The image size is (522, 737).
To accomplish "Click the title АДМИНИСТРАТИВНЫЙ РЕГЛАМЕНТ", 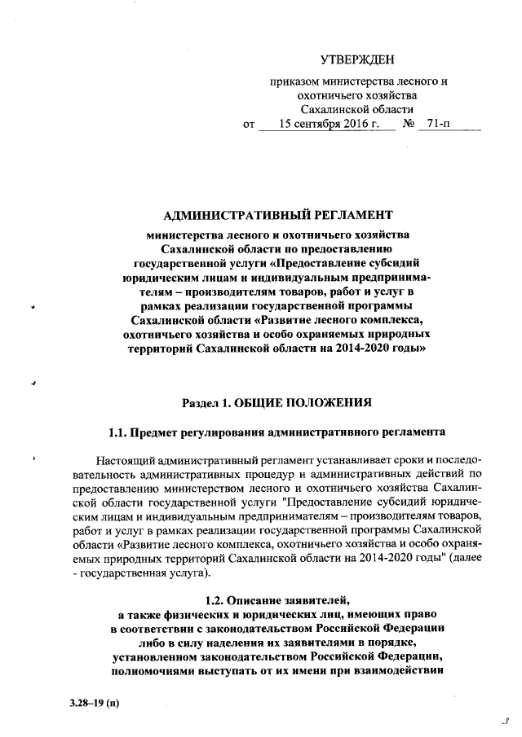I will (x=278, y=215).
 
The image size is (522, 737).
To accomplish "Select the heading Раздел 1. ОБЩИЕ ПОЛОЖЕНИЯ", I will (x=277, y=401).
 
